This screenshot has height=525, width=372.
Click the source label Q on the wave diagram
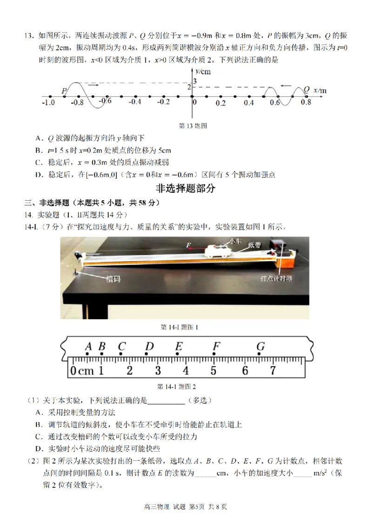(306, 89)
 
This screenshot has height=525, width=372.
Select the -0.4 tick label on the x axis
(135, 102)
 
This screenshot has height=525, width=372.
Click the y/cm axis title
(203, 72)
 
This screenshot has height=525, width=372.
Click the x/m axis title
(320, 90)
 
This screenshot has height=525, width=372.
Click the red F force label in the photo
(188, 245)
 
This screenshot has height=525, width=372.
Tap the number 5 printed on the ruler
(213, 371)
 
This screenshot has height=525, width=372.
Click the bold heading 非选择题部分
(186, 188)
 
